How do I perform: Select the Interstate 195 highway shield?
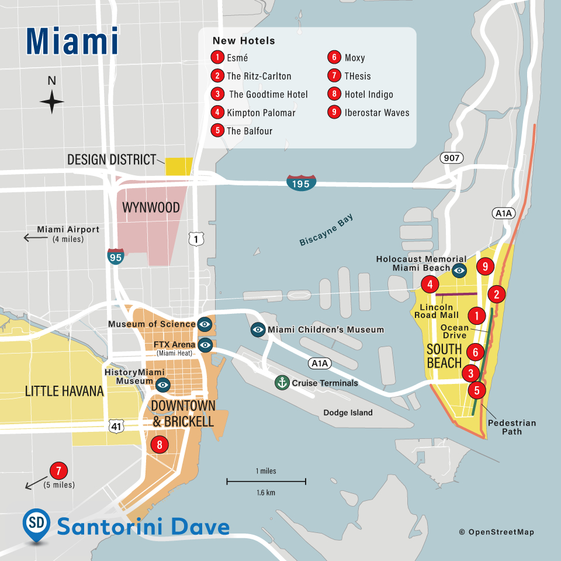(x=302, y=182)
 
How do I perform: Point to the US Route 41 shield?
(x=117, y=426)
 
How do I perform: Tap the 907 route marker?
(x=452, y=158)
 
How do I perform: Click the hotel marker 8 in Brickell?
(x=159, y=445)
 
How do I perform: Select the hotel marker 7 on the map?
(x=58, y=471)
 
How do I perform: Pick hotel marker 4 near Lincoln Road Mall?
(x=430, y=285)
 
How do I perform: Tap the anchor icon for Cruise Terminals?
(x=282, y=383)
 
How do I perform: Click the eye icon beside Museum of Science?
(x=205, y=324)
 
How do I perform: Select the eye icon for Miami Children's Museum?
(x=258, y=330)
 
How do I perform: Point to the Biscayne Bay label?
(x=327, y=230)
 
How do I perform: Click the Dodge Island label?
(x=348, y=413)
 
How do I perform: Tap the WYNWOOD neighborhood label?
(x=150, y=208)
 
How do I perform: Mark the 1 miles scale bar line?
(x=266, y=482)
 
